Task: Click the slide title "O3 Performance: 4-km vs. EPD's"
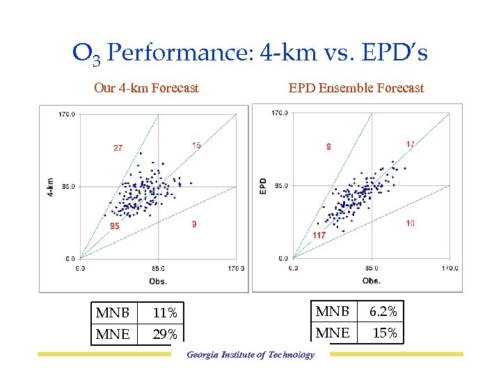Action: coord(250,53)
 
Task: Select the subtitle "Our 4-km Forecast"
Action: coord(146,88)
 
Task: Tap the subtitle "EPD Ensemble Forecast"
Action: coord(356,88)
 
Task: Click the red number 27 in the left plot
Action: coord(118,148)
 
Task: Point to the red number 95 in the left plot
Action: coord(115,226)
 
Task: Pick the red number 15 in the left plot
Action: coord(197,146)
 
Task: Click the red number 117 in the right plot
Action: coord(319,236)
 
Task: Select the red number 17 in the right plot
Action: coord(411,144)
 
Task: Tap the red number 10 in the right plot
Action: coord(411,223)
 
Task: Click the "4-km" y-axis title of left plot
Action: coord(50,187)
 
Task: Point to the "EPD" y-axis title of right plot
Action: coord(263,185)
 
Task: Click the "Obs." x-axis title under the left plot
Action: coord(158,281)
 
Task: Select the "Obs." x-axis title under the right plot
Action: coord(371,281)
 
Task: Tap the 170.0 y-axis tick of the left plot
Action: coord(67,115)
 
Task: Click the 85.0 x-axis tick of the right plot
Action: coord(371,268)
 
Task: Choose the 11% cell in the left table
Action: coord(166,313)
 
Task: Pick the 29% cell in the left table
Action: coord(166,334)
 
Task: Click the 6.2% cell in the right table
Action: coord(383,312)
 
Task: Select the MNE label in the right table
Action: coord(333,333)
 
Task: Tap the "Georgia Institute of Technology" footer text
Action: coord(250,355)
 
